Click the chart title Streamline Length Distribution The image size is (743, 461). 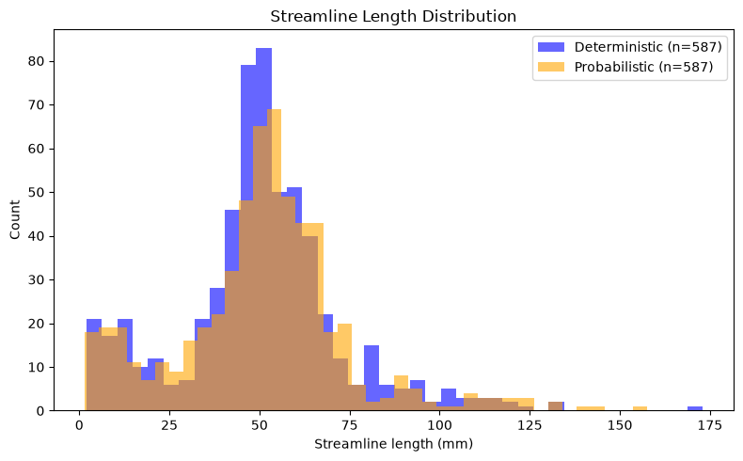[x=393, y=16]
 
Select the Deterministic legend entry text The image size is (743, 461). [x=648, y=47]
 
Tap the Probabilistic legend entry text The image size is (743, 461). [x=643, y=67]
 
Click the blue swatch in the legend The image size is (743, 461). [x=551, y=47]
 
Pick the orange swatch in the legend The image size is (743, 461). [x=551, y=67]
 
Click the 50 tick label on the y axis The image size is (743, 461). [x=38, y=192]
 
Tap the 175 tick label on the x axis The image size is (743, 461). [x=709, y=425]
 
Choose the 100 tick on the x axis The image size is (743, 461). [x=439, y=412]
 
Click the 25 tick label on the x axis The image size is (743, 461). [x=169, y=425]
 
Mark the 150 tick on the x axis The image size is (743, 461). [x=620, y=412]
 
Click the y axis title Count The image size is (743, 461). [x=15, y=220]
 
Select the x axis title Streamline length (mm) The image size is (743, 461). [x=393, y=444]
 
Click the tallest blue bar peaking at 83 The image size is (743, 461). [x=263, y=230]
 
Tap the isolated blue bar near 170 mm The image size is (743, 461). [x=695, y=408]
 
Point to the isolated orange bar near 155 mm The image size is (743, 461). [x=640, y=408]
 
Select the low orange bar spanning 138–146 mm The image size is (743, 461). [x=591, y=408]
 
